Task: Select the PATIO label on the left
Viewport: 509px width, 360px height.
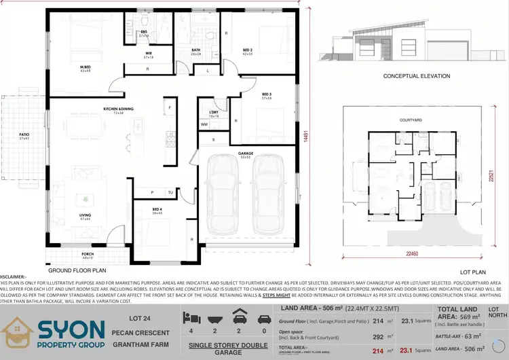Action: pos(24,135)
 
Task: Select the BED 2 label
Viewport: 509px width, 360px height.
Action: pos(248,50)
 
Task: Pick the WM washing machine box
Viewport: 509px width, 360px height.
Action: pos(204,124)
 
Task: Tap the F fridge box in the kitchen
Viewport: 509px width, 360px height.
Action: pos(170,108)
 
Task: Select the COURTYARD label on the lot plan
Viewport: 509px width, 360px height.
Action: pos(411,120)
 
